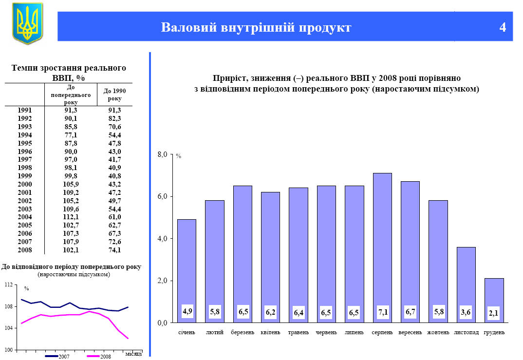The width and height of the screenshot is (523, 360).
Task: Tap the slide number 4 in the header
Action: click(x=503, y=27)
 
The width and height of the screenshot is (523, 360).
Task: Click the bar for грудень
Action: click(x=494, y=300)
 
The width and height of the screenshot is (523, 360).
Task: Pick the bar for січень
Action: click(x=187, y=271)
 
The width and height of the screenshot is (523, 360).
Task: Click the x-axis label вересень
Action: click(x=410, y=333)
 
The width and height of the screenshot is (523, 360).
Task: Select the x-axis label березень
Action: click(x=243, y=333)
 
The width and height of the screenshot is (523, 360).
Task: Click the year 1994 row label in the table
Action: click(x=24, y=135)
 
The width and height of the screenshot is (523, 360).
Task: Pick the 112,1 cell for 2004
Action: click(x=71, y=217)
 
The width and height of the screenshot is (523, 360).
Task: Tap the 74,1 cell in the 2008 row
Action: click(x=114, y=250)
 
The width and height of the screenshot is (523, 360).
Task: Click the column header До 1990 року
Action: click(x=114, y=95)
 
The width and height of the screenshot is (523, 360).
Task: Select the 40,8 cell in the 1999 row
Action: click(x=114, y=176)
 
